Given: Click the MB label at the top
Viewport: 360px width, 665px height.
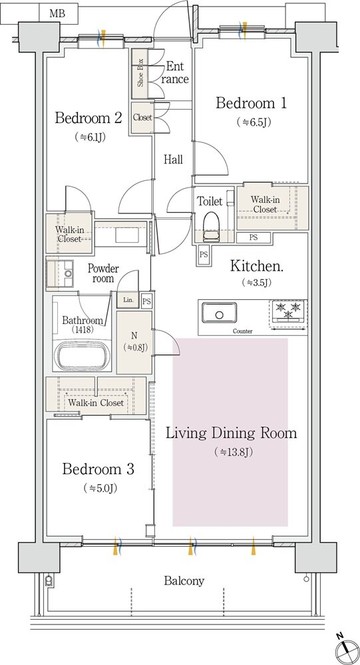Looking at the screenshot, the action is pos(57,13).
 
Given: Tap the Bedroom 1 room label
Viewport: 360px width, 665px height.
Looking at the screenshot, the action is pos(251,103).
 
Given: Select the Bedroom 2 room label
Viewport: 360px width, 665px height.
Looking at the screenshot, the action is pos(89,118).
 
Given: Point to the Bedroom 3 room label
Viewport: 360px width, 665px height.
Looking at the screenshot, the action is pos(98,469).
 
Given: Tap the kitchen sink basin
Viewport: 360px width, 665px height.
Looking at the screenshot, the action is pos(219,313).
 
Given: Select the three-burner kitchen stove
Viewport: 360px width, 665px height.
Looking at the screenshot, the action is pos(288,314).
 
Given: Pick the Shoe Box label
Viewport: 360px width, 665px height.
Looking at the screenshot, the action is pos(140,73).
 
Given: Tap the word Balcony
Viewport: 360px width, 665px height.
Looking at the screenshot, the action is pos(184,581).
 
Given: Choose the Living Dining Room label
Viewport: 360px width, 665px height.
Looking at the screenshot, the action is pos(231,434).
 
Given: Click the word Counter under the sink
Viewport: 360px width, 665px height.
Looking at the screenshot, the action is pos(242,331).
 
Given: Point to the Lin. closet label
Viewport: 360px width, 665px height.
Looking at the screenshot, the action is pos(128,301).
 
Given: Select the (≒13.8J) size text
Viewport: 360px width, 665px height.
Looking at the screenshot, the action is pos(234,452).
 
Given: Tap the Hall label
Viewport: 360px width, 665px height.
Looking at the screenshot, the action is pos(174,160).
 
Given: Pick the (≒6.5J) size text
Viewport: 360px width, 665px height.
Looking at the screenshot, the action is pos(254,122).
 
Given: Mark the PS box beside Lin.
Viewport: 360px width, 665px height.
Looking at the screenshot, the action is pos(146,301).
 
